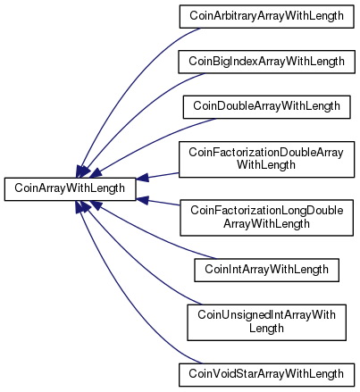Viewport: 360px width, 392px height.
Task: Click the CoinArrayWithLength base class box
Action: pyautogui.click(x=70, y=189)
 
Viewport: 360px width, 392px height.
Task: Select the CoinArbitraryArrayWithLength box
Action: pyautogui.click(x=266, y=17)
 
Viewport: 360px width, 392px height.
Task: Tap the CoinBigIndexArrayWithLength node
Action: pyautogui.click(x=266, y=62)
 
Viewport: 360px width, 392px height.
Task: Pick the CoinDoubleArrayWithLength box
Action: pyautogui.click(x=266, y=107)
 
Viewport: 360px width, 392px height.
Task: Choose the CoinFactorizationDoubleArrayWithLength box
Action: pyautogui.click(x=266, y=160)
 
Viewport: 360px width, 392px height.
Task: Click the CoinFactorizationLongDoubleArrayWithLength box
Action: pyautogui.click(x=266, y=218)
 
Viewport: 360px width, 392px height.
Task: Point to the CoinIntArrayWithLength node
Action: pyautogui.click(x=266, y=270)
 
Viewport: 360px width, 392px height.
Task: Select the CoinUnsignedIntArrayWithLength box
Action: pyautogui.click(x=266, y=322)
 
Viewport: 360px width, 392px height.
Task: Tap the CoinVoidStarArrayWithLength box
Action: pyautogui.click(x=266, y=375)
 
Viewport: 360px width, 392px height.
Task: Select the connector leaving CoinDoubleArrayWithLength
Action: pyautogui.click(x=149, y=143)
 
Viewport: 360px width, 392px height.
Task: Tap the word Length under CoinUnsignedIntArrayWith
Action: pyautogui.click(x=266, y=329)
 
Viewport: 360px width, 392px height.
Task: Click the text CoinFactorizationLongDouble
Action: pyautogui.click(x=267, y=211)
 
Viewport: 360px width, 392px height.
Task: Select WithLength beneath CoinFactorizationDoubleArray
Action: pyautogui.click(x=266, y=165)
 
